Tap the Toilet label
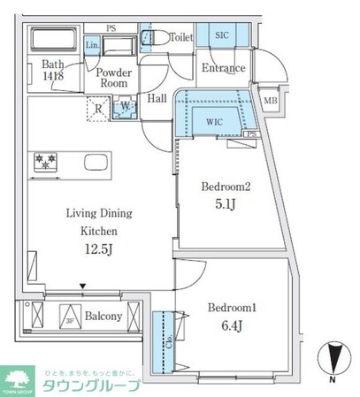[180, 38]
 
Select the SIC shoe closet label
[221, 35]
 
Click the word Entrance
[223, 69]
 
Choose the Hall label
[157, 99]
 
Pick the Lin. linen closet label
[93, 44]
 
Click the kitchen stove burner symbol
[45, 162]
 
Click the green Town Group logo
[18, 378]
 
